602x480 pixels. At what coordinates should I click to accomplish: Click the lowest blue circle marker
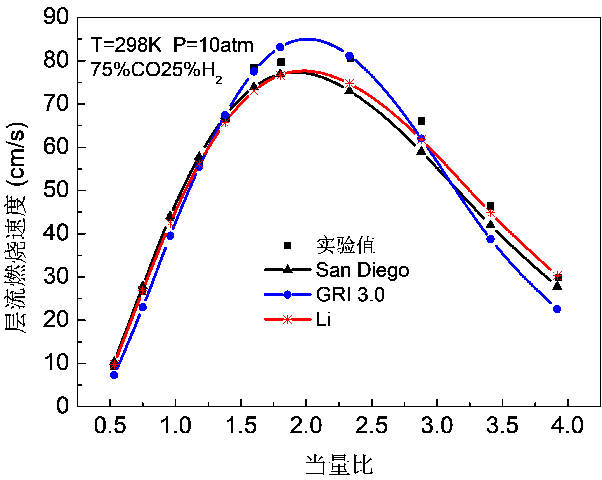[x=114, y=375]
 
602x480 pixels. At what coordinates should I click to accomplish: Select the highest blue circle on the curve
[x=280, y=47]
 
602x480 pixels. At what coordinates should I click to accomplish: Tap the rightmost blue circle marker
[x=557, y=309]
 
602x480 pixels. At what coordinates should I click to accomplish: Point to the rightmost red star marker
[x=557, y=276]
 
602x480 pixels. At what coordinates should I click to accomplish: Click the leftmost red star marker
[x=114, y=364]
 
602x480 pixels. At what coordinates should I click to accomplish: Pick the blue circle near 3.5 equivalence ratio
[x=491, y=239]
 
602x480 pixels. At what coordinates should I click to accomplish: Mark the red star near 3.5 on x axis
[x=491, y=213]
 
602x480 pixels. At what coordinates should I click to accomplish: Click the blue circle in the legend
[x=287, y=294]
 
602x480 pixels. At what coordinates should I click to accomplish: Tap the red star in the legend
[x=287, y=319]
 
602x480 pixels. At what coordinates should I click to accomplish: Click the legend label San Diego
[x=362, y=270]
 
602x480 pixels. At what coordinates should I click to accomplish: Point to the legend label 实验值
[x=345, y=245]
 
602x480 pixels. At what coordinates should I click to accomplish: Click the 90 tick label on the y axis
[x=56, y=16]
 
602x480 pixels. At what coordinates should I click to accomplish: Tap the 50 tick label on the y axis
[x=56, y=189]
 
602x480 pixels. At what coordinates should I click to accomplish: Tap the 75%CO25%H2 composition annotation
[x=156, y=70]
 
